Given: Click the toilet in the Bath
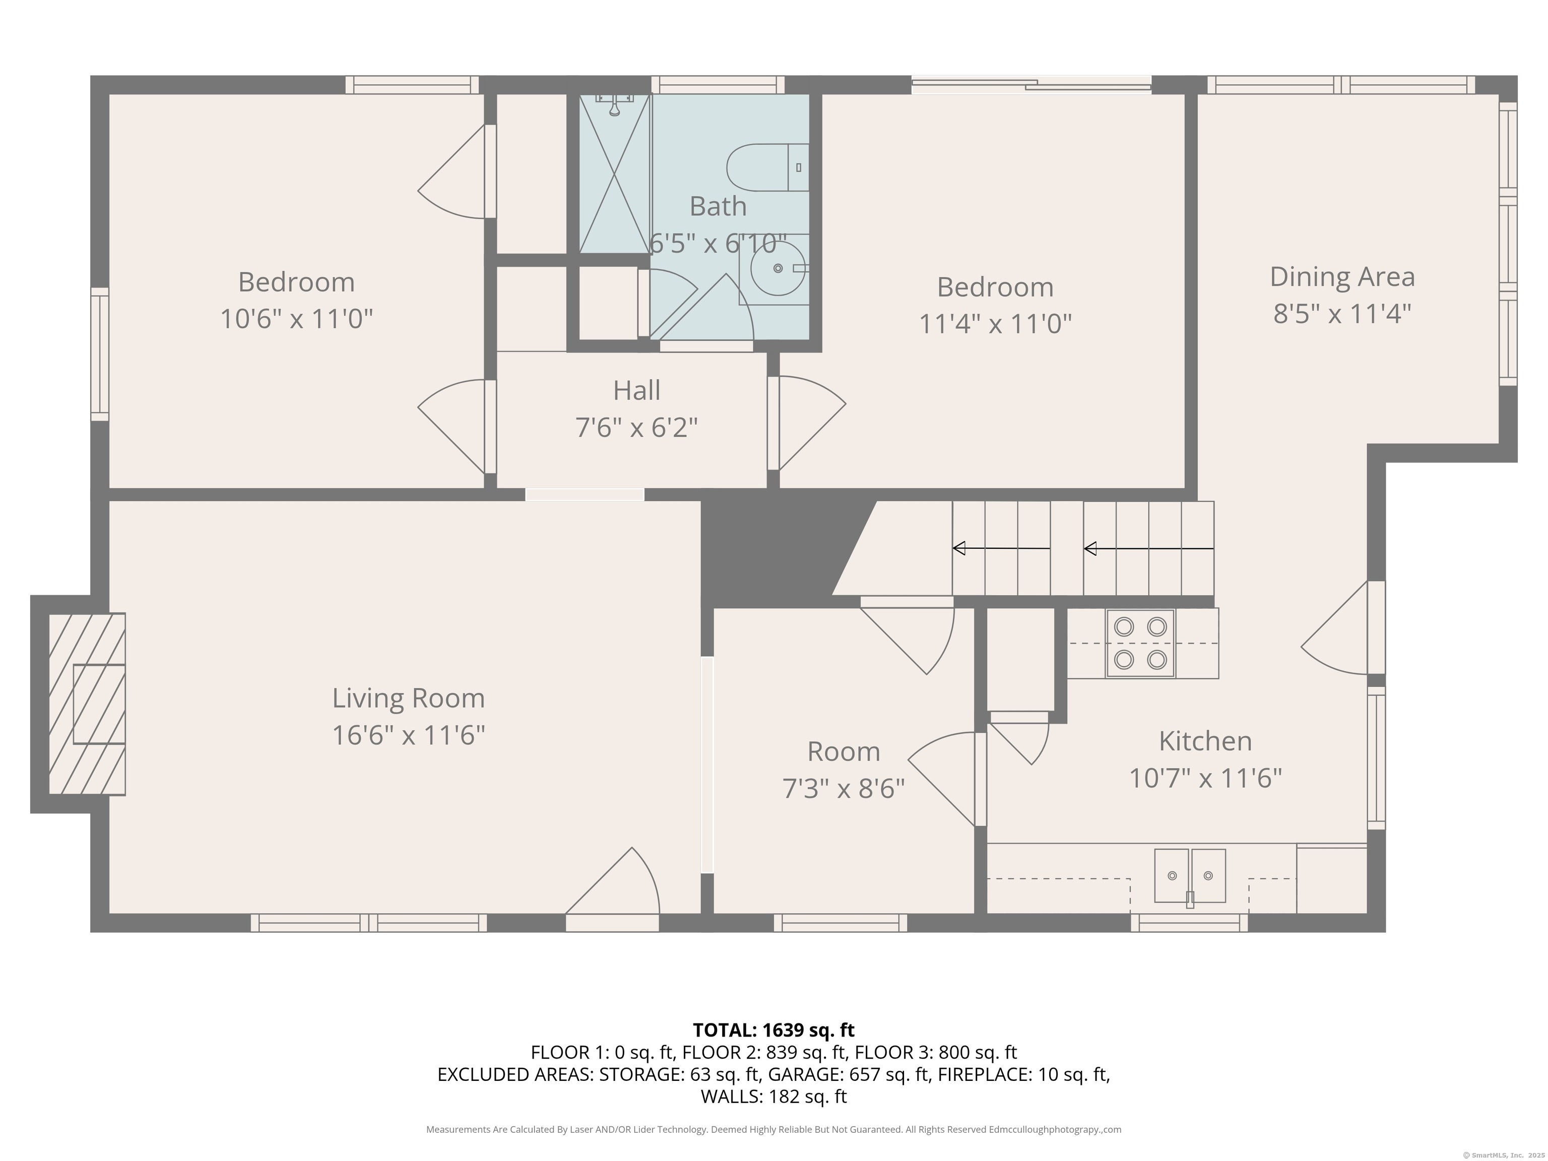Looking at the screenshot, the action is tap(768, 167).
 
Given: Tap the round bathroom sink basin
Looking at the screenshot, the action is tap(778, 268).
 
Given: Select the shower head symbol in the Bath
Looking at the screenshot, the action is tap(614, 105).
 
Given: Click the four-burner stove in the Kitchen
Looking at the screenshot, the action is tap(1140, 643).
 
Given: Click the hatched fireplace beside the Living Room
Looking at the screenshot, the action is tap(87, 703).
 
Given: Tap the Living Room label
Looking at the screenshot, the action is tap(408, 698).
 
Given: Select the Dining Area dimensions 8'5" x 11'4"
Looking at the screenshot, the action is tap(1341, 313).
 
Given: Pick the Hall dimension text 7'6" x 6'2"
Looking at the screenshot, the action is tap(636, 427).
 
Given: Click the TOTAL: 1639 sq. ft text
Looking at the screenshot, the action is tap(773, 1030).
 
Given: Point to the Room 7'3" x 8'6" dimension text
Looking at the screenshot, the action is tap(843, 789).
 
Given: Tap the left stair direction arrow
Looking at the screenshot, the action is tap(1001, 549).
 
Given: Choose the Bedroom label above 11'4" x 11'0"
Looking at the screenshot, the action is tap(995, 287).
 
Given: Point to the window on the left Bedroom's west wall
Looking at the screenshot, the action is tap(100, 354).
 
